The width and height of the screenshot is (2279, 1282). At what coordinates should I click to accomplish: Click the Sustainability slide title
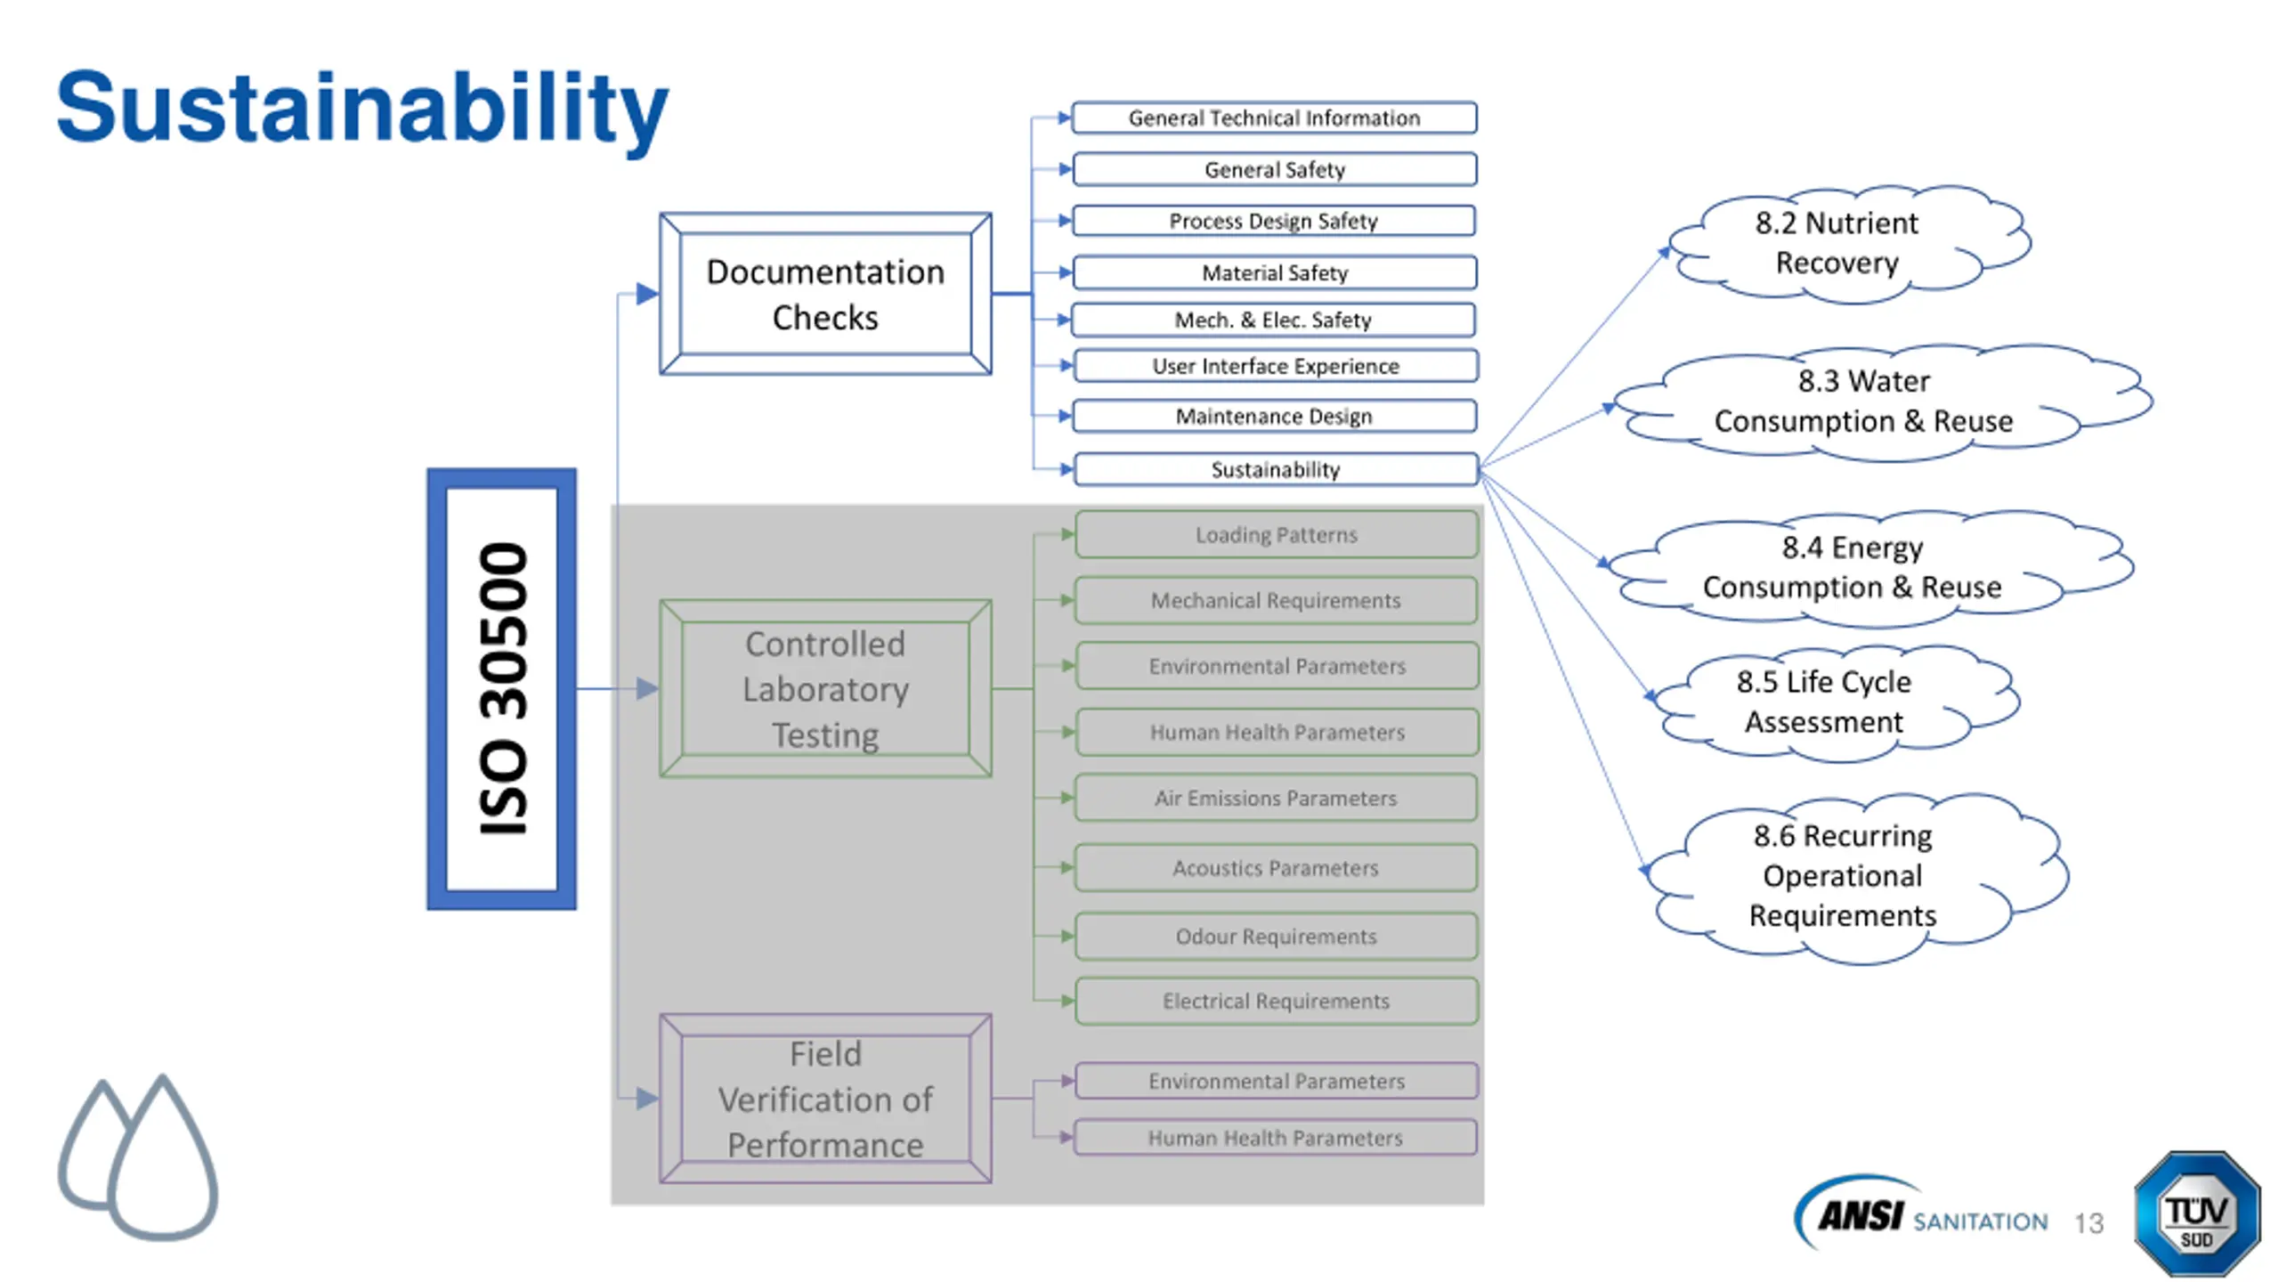coord(361,109)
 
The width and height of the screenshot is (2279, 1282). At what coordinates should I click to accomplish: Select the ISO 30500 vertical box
coord(501,689)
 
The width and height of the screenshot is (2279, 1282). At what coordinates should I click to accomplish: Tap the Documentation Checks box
coord(825,294)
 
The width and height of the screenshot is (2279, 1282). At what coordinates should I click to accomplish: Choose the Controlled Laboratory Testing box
coord(825,689)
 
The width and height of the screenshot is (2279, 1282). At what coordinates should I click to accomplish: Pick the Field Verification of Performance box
coord(825,1099)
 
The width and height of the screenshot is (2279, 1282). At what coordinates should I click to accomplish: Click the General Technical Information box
coord(1274,118)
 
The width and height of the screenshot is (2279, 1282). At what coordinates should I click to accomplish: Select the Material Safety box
coord(1275,272)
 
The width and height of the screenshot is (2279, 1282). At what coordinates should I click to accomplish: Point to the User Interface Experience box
coord(1276,366)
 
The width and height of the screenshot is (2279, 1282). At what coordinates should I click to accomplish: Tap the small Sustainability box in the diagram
coord(1276,469)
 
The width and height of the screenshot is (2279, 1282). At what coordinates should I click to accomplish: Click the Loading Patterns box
coord(1277,534)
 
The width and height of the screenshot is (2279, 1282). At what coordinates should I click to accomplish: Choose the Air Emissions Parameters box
coord(1276,798)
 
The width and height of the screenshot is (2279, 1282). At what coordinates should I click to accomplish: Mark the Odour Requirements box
coord(1276,936)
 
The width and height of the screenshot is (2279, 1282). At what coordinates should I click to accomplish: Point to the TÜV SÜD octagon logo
coord(2196,1214)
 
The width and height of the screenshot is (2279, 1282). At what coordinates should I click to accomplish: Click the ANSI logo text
coord(1861,1215)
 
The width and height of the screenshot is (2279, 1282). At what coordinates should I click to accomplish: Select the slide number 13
coord(2088,1223)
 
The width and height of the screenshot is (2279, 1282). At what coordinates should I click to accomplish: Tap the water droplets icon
coord(138,1157)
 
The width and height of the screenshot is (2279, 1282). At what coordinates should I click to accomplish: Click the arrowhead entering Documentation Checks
coord(647,294)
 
